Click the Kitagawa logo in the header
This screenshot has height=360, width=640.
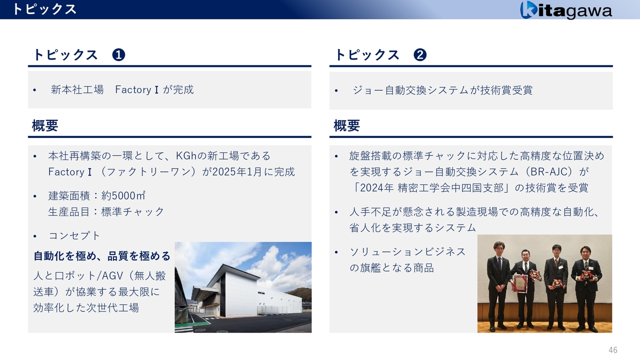click(x=565, y=9)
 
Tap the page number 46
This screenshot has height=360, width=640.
click(x=613, y=350)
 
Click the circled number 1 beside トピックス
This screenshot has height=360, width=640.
click(x=118, y=55)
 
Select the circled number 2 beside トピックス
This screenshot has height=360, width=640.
click(x=420, y=55)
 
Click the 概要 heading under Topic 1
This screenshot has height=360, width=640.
click(x=45, y=125)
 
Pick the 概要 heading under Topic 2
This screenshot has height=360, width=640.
click(x=346, y=125)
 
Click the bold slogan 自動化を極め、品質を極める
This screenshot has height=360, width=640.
click(x=102, y=256)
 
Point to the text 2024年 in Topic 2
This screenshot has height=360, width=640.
click(x=377, y=187)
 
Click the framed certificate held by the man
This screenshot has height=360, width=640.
click(x=519, y=283)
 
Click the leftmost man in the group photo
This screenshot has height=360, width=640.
click(x=498, y=285)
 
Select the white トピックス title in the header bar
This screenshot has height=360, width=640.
click(x=44, y=9)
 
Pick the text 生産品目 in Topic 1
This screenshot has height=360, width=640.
click(x=69, y=211)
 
